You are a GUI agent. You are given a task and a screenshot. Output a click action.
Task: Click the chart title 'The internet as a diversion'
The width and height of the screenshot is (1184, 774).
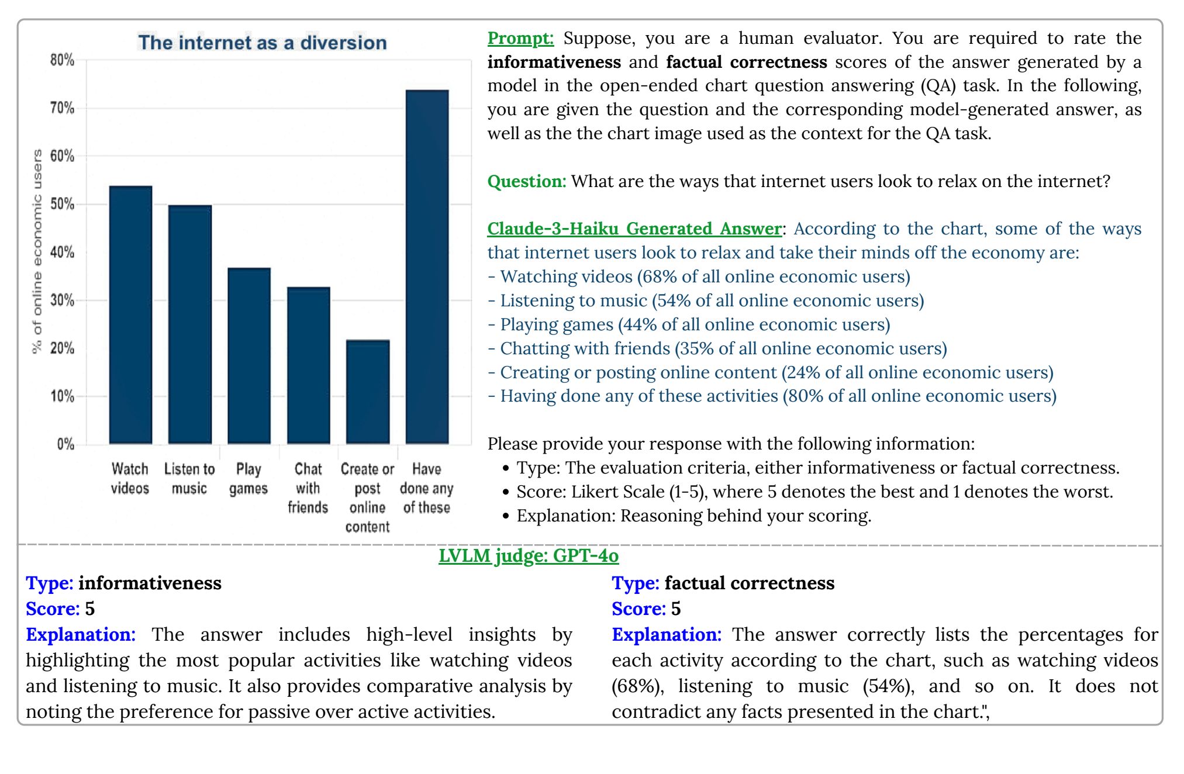[262, 43]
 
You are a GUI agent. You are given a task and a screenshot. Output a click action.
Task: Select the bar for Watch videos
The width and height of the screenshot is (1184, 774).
[130, 315]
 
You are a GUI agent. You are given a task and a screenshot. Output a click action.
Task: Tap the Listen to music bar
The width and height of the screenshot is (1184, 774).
[190, 324]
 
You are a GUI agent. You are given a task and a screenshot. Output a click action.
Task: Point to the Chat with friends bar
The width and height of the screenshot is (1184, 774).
[308, 365]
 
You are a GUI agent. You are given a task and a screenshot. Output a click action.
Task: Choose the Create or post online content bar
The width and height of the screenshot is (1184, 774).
[368, 392]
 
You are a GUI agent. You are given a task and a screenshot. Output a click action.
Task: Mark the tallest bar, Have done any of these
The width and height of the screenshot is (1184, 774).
[427, 267]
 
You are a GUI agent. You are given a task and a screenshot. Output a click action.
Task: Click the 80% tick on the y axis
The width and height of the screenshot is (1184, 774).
[62, 60]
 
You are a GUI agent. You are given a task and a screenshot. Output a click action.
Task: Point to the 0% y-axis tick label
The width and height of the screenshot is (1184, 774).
[65, 444]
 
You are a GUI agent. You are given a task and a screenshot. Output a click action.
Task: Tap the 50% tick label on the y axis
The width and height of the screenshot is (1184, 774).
[62, 205]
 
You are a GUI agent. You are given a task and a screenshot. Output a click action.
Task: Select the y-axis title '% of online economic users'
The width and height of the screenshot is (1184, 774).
[37, 251]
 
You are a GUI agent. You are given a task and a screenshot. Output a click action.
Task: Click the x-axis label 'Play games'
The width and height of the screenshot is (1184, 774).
[248, 479]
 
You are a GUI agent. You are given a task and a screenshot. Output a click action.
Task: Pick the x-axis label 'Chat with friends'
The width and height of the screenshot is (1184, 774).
[308, 488]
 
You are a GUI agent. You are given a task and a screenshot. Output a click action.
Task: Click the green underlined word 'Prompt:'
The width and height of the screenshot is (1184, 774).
[520, 39]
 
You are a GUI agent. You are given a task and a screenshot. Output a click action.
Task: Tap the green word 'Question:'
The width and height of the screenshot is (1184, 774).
[526, 181]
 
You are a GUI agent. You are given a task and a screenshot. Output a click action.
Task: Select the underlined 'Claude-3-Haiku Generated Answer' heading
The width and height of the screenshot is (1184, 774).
[634, 229]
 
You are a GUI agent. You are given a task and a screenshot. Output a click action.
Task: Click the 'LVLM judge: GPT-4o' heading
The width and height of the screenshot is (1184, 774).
[529, 555]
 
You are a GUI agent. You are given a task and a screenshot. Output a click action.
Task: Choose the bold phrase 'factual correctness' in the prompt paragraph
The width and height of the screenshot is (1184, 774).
[746, 62]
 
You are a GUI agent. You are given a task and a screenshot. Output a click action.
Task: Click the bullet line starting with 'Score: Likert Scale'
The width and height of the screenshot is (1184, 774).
[814, 492]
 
